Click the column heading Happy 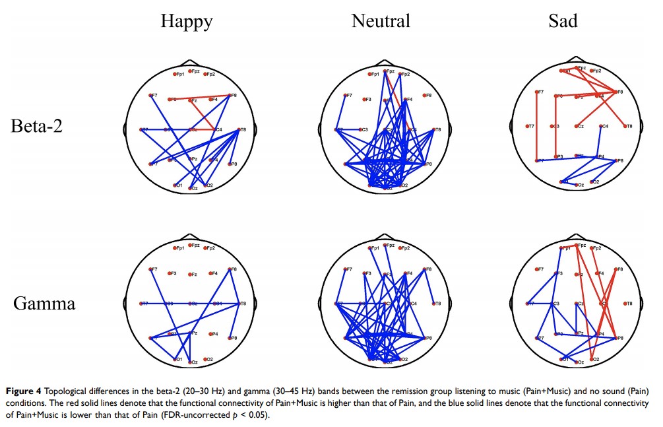[187, 22]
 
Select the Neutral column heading [381, 21]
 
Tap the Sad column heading [563, 21]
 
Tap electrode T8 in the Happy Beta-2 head [239, 130]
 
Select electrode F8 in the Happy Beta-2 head [229, 96]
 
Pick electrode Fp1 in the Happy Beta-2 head [175, 73]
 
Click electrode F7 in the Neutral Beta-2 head [345, 96]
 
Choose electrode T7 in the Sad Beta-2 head [528, 126]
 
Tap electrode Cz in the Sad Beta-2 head [578, 126]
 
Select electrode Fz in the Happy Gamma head [190, 275]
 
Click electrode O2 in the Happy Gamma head [206, 359]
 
